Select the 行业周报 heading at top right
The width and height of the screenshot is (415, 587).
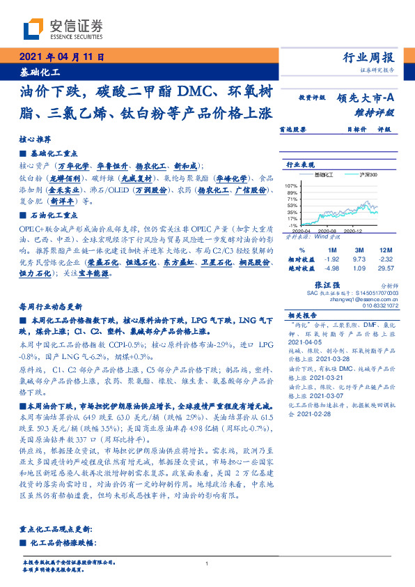click(368, 58)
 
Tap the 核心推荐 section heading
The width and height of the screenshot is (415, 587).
click(33, 138)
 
